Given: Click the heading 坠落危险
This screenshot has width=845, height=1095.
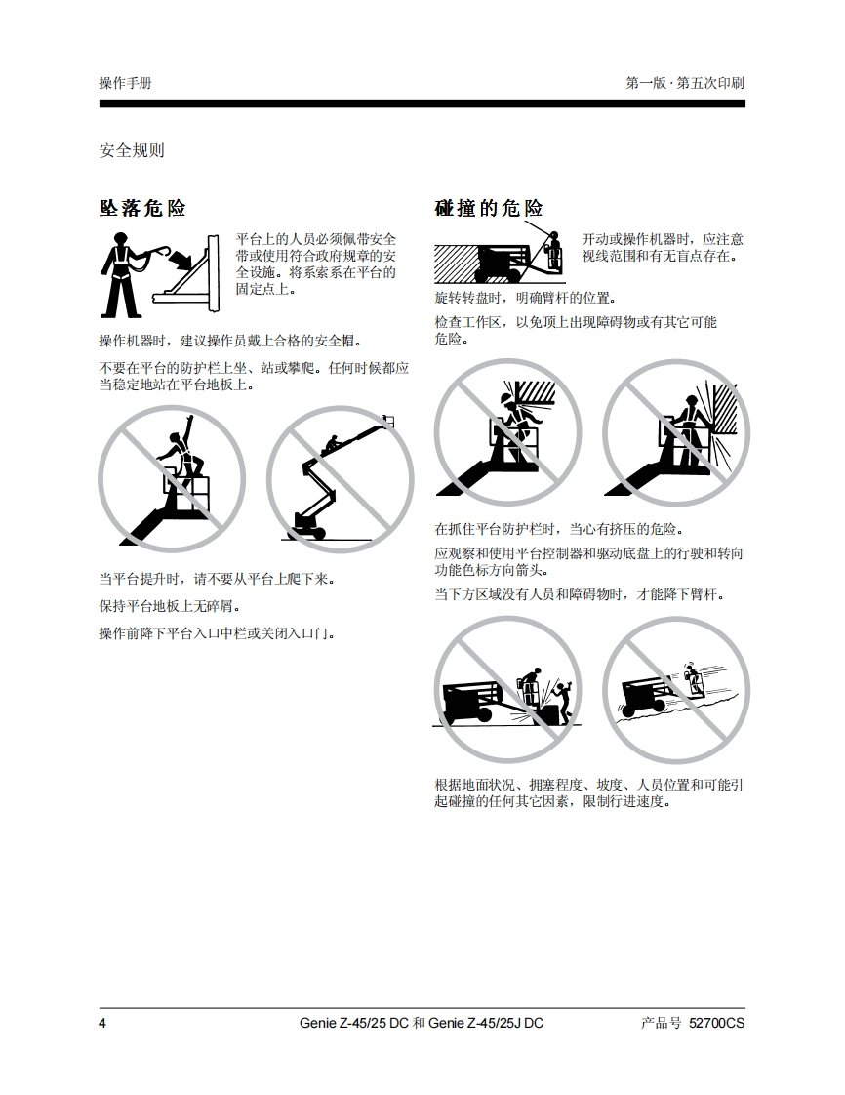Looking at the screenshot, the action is point(142,208).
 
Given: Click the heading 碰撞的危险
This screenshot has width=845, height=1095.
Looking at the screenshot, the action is point(489,208).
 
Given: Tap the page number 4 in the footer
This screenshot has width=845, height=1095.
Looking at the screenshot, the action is point(103,1023).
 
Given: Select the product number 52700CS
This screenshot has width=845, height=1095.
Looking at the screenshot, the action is point(716,1023).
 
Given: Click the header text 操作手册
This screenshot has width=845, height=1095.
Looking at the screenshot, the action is point(126,83).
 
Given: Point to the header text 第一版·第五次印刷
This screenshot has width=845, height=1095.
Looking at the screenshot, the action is point(685,83).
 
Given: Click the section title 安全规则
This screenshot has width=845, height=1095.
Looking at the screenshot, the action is point(132,150).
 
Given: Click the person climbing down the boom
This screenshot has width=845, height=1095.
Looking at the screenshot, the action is point(333,444).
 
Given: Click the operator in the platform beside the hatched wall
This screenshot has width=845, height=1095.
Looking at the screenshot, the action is point(554,249).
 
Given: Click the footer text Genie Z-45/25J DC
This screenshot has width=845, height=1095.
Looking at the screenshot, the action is point(486,1023).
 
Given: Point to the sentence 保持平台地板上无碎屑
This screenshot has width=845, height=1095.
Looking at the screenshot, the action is point(170,605).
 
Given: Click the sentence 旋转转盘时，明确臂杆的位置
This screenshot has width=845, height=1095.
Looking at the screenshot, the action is point(525,299).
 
